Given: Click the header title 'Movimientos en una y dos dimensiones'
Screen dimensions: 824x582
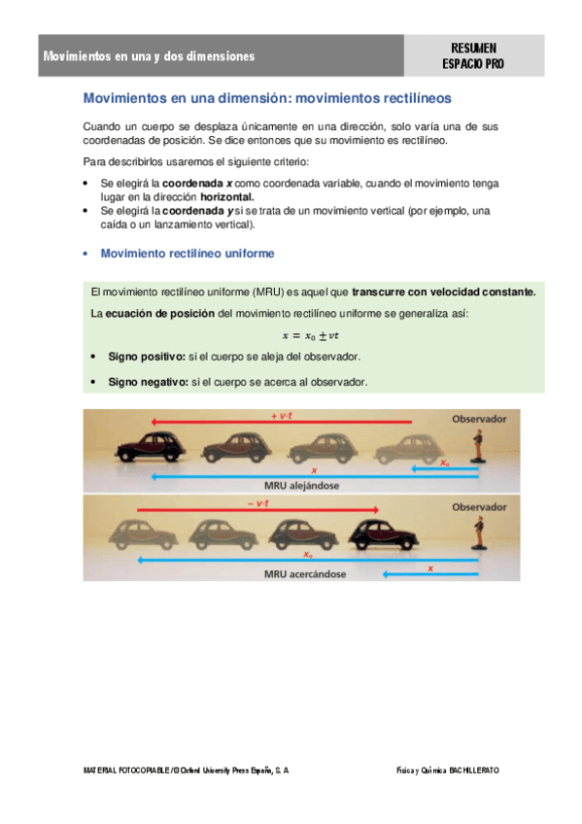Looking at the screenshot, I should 149,56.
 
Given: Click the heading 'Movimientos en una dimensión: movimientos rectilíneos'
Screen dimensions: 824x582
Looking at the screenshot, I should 267,99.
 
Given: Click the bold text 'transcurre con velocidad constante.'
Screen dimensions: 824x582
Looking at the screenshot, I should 443,292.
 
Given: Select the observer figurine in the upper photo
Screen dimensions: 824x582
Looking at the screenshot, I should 477,448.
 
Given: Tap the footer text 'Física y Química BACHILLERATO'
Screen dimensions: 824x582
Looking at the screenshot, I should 447,769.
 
